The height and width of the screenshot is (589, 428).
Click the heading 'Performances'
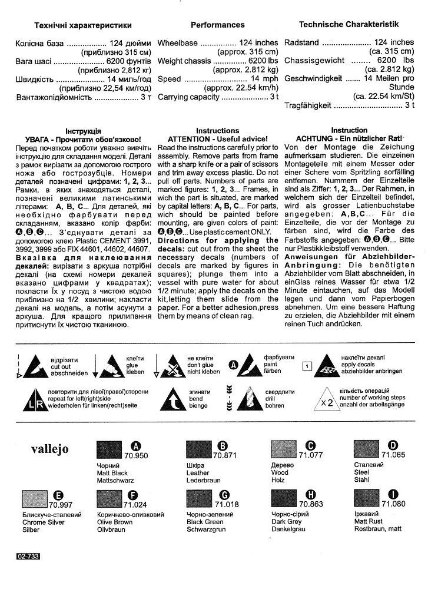coord(217,25)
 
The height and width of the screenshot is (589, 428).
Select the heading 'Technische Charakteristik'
coord(349,25)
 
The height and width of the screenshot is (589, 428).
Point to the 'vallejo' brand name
coord(49,449)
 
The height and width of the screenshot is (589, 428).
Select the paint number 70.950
coord(136,456)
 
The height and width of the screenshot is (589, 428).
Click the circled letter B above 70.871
coord(223,446)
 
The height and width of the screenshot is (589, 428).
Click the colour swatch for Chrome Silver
coord(35,501)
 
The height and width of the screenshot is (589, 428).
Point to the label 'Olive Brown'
coord(115,522)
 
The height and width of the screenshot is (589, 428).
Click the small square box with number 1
coord(306,366)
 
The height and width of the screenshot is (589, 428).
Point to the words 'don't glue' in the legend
coord(199,365)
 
